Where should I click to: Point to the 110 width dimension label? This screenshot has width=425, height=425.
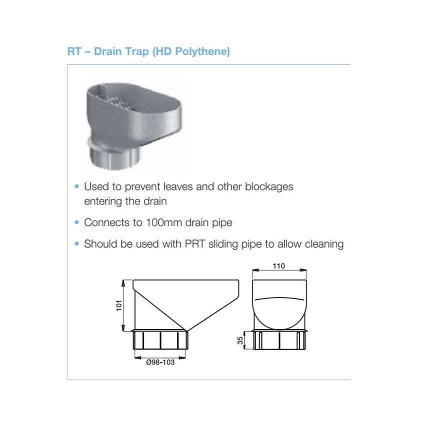tap(279, 266)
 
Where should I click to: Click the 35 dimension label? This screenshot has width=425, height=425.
tap(240, 340)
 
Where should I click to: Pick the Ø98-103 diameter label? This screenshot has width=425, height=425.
tap(160, 362)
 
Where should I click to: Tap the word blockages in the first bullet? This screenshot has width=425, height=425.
tap(269, 187)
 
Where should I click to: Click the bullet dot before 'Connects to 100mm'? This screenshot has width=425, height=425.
tap(76, 222)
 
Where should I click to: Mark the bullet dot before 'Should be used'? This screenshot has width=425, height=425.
tap(76, 244)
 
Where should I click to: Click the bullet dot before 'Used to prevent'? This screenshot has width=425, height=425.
tap(76, 186)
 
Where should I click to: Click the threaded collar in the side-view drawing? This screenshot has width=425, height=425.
tap(160, 339)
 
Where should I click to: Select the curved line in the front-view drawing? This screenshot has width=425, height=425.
tap(279, 298)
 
